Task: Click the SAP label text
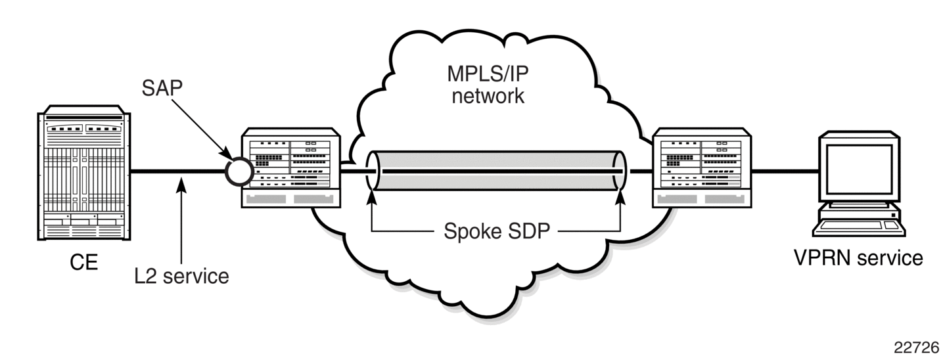(162, 88)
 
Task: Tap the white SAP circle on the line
(239, 171)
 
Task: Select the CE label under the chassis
(83, 262)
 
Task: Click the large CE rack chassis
(84, 173)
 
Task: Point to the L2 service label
(181, 276)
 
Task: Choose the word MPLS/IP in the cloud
(488, 74)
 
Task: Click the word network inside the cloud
(488, 96)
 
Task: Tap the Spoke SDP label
(497, 231)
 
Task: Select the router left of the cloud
(291, 168)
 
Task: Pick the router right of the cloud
(702, 168)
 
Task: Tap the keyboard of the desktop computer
(860, 227)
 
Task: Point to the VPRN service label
(858, 258)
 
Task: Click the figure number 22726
(916, 348)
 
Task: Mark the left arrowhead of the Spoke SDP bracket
(372, 198)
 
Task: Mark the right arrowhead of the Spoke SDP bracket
(620, 198)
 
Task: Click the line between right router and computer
(785, 171)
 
